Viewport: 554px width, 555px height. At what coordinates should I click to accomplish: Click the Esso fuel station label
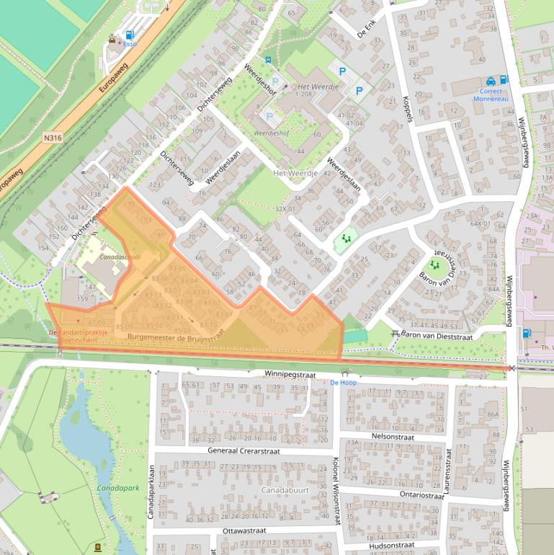click(x=130, y=44)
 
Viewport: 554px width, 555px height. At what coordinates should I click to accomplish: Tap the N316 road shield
click(x=53, y=137)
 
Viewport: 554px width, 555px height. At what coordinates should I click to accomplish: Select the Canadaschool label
click(x=120, y=257)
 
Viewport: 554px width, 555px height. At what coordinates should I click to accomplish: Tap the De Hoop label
click(x=343, y=383)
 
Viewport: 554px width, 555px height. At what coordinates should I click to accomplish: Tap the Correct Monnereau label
click(x=495, y=96)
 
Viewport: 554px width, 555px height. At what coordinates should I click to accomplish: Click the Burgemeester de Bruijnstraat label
click(x=177, y=336)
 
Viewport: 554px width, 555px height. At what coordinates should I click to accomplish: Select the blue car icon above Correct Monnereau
click(x=491, y=81)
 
